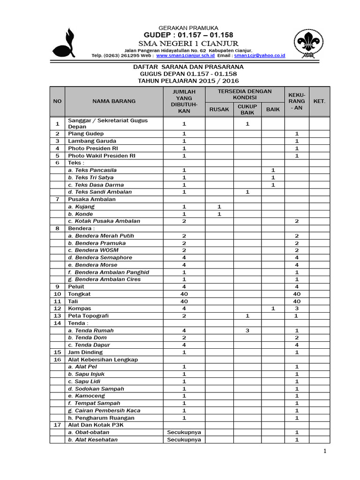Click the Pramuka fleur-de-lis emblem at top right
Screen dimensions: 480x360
[310, 45]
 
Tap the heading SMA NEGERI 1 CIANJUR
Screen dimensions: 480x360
[188, 43]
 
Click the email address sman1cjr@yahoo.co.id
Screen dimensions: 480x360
[261, 55]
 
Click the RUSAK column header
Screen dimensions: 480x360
[219, 109]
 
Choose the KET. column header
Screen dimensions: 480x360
[319, 101]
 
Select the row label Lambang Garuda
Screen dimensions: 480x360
[92, 141]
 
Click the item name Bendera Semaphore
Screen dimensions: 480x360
[100, 257]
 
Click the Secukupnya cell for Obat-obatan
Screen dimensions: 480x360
[184, 432]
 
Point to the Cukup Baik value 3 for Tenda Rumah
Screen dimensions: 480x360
[247, 330]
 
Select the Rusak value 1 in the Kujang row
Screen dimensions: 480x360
[219, 207]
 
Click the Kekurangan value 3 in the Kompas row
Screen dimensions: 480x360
[297, 308]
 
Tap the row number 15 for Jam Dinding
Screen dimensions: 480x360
[57, 352]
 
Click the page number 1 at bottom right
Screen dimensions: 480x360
[324, 451]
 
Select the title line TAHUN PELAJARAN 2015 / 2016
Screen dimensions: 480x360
[188, 81]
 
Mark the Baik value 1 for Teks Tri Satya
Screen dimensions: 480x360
[273, 178]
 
